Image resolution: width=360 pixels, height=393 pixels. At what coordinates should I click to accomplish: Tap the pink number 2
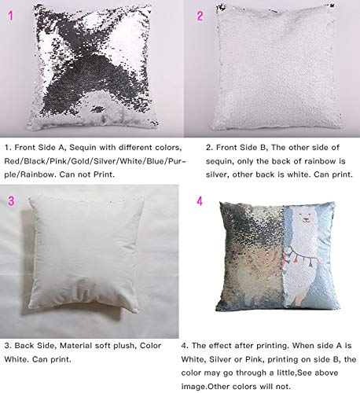tap(200, 15)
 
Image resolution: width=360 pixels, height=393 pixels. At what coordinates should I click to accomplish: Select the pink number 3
tap(11, 201)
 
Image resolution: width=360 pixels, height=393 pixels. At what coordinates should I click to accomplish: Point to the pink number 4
tap(200, 201)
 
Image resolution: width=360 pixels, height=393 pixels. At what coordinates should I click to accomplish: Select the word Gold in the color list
tap(98, 159)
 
